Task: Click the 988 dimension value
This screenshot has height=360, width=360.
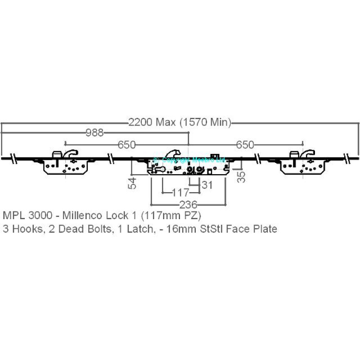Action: [94, 132]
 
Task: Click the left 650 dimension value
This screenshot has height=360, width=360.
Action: [126, 144]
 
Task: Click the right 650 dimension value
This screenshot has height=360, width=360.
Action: [245, 144]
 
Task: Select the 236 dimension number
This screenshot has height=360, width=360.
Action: [188, 205]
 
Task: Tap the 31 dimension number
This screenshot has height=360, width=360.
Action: [207, 184]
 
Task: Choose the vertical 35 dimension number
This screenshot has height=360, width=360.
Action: [242, 176]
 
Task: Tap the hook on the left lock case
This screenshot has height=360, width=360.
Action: [70, 154]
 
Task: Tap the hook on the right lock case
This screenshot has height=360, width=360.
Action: [308, 154]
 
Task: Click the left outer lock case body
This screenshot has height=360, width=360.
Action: [65, 167]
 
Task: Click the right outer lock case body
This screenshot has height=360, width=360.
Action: [302, 167]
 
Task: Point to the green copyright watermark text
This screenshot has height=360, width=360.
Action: [189, 160]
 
